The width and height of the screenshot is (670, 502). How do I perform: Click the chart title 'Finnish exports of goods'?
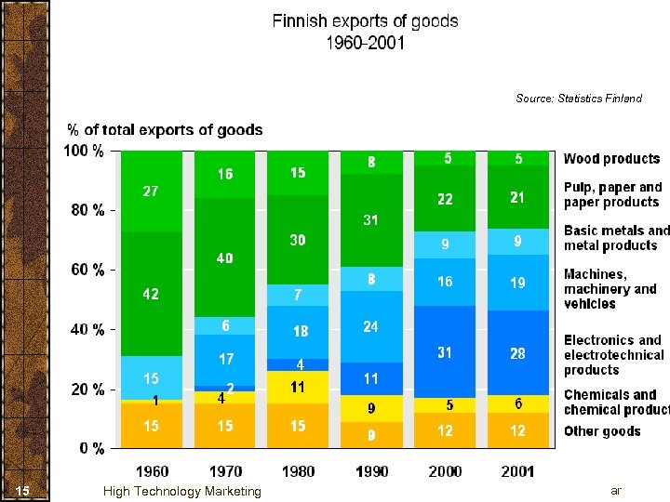(365, 21)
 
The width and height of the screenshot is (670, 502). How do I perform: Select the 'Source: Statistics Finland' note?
(578, 99)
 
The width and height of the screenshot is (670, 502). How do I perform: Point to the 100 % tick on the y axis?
(84, 151)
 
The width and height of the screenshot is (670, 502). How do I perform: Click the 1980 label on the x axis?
(298, 471)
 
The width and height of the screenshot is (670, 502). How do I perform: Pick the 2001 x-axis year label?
(517, 471)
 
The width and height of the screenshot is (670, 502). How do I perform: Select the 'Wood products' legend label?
(611, 159)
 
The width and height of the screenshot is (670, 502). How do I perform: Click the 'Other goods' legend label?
(602, 431)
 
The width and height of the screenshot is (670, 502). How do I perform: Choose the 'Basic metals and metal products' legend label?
(616, 238)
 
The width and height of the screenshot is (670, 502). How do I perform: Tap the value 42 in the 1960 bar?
(151, 294)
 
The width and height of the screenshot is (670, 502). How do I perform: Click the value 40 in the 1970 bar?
(224, 258)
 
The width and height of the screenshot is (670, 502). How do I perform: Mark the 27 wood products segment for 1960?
(151, 192)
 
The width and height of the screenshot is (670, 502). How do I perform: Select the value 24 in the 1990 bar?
(370, 326)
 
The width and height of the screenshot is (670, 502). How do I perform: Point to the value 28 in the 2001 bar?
(517, 353)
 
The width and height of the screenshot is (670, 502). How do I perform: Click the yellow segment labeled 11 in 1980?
(298, 386)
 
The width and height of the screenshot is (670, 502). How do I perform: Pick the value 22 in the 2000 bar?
(445, 200)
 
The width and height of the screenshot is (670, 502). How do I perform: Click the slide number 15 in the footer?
(24, 491)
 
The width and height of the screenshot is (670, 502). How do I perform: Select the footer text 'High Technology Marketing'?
(182, 491)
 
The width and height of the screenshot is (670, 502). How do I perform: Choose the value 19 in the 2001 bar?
(517, 283)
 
